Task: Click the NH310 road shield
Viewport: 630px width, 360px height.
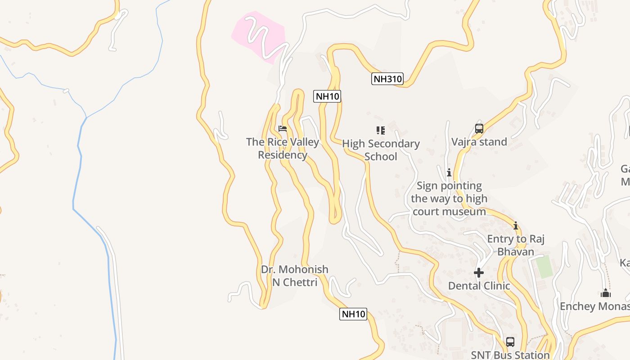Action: pyautogui.click(x=387, y=79)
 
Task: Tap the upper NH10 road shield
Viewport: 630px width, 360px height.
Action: pyautogui.click(x=327, y=96)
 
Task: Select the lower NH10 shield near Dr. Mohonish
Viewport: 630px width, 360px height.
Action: pyautogui.click(x=353, y=314)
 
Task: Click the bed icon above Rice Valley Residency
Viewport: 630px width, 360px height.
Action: pyautogui.click(x=283, y=129)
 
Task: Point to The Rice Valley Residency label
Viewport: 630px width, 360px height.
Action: pyautogui.click(x=283, y=148)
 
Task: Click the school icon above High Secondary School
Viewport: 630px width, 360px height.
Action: pyautogui.click(x=381, y=130)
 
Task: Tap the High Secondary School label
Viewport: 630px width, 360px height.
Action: pyautogui.click(x=381, y=150)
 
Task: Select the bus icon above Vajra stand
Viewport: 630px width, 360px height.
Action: pyautogui.click(x=479, y=129)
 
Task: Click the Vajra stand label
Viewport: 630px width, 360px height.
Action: pyautogui.click(x=479, y=142)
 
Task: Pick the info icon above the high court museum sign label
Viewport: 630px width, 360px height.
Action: pyautogui.click(x=449, y=172)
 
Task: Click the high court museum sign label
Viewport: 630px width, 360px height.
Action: pyautogui.click(x=449, y=198)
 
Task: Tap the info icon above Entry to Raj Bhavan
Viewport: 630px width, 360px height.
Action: pyautogui.click(x=516, y=225)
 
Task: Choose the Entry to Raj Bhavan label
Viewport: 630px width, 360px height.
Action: pyautogui.click(x=516, y=245)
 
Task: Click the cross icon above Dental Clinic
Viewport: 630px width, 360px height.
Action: pyautogui.click(x=479, y=273)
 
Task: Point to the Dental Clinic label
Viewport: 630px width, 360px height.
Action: pyautogui.click(x=479, y=286)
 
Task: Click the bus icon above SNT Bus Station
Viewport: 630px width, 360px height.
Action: pyautogui.click(x=510, y=342)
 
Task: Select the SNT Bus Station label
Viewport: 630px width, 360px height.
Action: pyautogui.click(x=510, y=355)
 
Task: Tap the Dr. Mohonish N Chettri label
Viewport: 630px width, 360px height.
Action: pyautogui.click(x=295, y=276)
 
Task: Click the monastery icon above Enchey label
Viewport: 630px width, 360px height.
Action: pyautogui.click(x=606, y=293)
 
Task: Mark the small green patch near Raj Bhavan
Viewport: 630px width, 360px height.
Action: pyautogui.click(x=544, y=266)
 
